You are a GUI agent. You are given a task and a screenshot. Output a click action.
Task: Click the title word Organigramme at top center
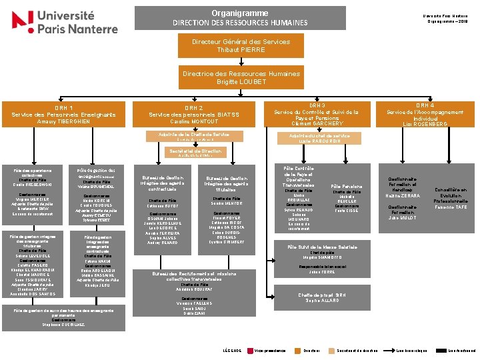240,13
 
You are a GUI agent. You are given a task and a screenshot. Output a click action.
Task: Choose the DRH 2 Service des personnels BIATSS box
193,115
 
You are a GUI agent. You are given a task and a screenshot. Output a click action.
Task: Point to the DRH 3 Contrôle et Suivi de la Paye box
317,114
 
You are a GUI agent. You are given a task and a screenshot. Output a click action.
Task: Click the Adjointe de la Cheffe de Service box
193,137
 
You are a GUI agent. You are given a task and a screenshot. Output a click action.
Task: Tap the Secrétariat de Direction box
193,153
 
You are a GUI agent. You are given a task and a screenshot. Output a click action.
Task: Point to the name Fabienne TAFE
451,207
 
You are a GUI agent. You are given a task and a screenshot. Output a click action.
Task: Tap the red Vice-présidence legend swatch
251,350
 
